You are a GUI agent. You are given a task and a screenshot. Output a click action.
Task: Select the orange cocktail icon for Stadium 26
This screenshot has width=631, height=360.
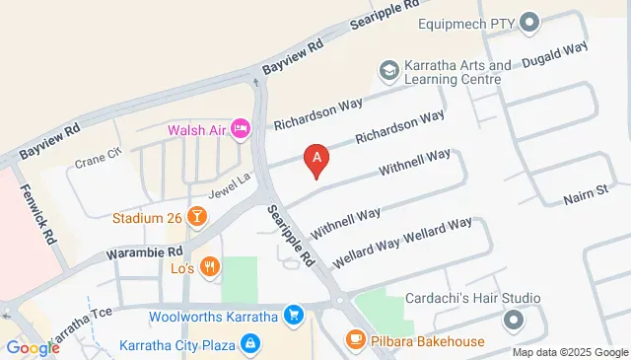point(197,216)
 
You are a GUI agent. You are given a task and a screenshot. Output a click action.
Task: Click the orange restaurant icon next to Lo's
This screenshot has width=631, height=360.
point(209,266)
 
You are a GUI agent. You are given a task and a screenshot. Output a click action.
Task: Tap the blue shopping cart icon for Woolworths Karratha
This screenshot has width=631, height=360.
point(293,316)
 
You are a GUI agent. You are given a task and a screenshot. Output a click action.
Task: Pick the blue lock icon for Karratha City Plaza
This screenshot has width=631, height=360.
point(250,344)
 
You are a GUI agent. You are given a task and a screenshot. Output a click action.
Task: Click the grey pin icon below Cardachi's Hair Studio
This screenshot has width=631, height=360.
point(513,320)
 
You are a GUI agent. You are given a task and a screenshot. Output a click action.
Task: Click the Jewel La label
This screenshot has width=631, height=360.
point(224,182)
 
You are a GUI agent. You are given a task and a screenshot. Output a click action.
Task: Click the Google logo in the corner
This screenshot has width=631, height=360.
point(33,347)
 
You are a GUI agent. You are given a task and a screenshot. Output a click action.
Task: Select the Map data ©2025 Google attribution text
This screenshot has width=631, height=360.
point(570,352)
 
